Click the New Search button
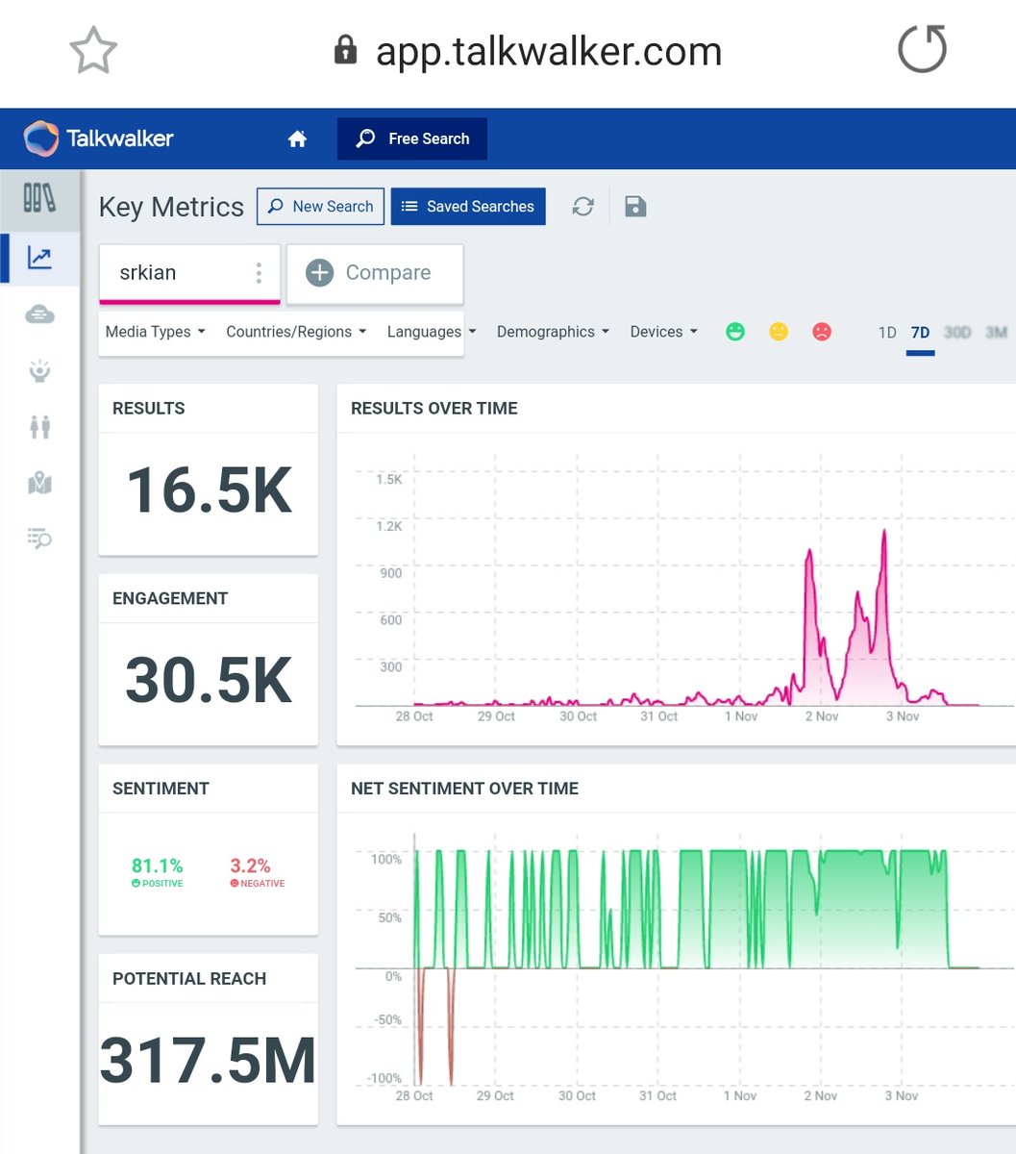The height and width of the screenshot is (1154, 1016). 320,207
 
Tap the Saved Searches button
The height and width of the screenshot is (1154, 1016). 467,207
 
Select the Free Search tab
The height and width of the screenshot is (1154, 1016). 412,138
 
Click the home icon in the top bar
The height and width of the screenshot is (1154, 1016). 297,139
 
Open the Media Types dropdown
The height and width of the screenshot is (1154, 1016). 155,332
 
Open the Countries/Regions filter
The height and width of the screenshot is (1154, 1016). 296,332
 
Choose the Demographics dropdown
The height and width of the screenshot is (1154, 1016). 553,332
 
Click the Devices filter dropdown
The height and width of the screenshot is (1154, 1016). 663,332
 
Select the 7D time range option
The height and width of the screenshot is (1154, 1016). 920,333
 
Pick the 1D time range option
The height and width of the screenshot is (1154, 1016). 887,333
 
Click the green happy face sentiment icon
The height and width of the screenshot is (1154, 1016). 735,332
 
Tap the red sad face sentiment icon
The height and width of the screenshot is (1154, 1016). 822,332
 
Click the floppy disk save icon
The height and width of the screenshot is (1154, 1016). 635,207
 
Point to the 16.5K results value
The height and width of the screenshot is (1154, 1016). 209,490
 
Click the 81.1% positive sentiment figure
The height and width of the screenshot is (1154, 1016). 158,866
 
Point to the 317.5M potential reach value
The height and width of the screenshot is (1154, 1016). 209,1061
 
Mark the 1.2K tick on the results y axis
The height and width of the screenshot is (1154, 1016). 389,526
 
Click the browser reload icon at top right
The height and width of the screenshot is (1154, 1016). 922,50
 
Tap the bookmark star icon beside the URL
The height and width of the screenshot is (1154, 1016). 93,50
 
